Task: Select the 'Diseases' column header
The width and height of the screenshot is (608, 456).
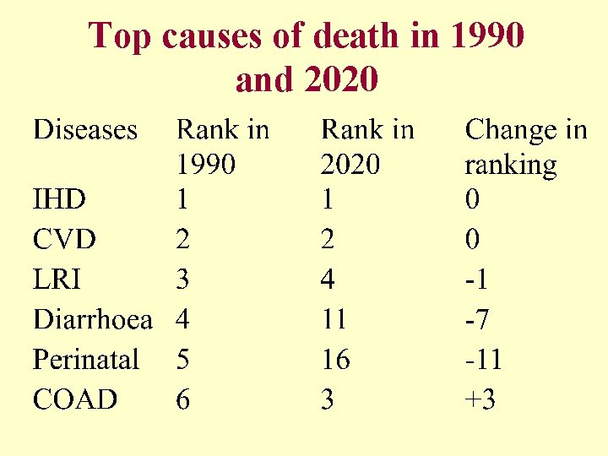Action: [84, 130]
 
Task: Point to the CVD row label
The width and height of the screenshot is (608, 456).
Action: [64, 240]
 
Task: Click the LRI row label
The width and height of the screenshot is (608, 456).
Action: [57, 280]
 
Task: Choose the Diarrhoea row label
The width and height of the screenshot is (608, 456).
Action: [93, 319]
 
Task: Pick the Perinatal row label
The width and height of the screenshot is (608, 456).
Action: [85, 360]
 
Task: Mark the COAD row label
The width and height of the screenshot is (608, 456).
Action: [75, 399]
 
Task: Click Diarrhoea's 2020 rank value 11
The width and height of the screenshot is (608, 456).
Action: [335, 319]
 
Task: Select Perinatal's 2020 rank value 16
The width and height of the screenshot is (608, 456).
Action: [335, 360]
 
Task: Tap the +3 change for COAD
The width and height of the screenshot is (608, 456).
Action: [480, 399]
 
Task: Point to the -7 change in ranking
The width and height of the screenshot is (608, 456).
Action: [477, 319]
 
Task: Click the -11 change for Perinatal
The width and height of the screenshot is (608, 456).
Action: [483, 360]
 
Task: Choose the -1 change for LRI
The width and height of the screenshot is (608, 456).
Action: [476, 280]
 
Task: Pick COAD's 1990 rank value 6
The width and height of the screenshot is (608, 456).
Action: [182, 399]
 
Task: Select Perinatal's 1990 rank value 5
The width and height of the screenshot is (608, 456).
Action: [182, 360]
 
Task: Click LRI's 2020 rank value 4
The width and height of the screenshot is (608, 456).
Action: [328, 280]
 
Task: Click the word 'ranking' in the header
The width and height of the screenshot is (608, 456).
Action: [511, 166]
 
